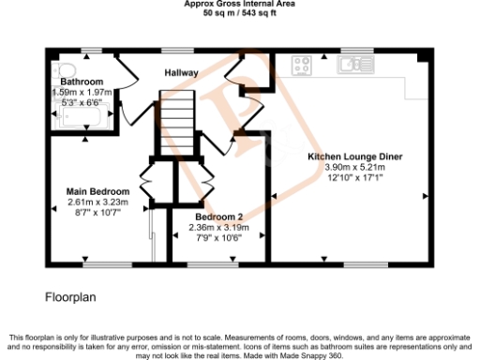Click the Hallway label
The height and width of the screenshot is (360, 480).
point(182,72)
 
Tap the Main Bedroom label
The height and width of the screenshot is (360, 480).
point(97,191)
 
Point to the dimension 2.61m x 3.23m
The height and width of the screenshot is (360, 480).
point(97,202)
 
